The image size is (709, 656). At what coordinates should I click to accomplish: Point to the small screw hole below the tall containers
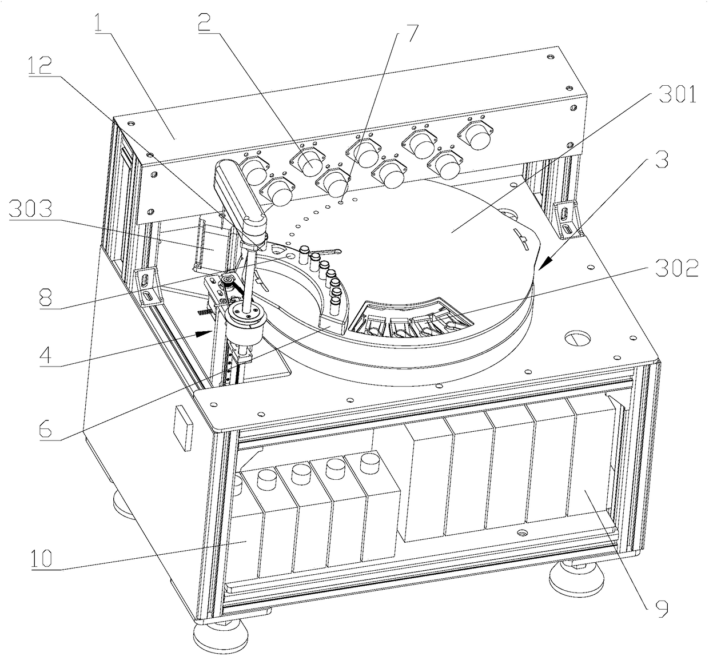(521, 532)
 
